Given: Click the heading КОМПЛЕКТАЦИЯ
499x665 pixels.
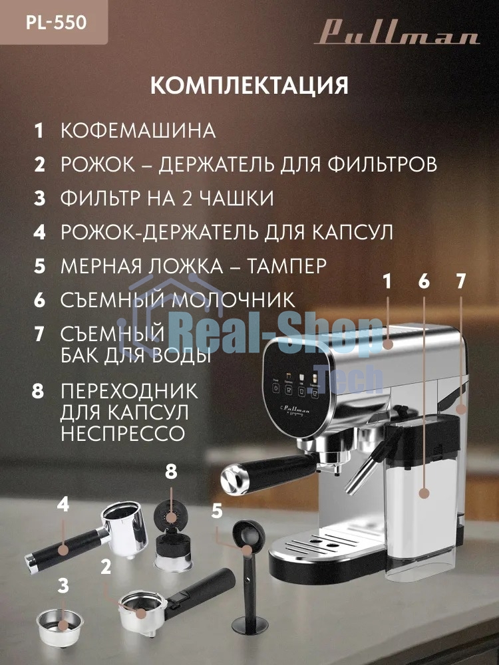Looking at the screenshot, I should (249, 86).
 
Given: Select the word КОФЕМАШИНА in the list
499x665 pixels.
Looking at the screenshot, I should (138, 130).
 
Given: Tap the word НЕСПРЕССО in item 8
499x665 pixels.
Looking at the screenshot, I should (122, 434).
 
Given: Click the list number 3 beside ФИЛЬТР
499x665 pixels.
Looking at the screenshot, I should (39, 198).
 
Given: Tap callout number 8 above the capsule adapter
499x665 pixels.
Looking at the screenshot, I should (171, 472).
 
